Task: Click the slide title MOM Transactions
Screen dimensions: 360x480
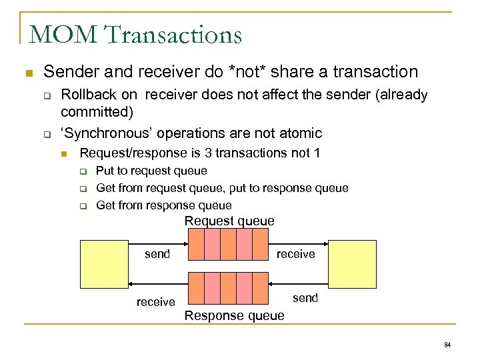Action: tap(135, 34)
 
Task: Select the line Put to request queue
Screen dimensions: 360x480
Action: tap(151, 171)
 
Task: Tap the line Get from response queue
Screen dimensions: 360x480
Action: tap(164, 205)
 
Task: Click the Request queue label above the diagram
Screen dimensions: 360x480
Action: tap(229, 221)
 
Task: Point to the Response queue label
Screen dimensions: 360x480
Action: tap(234, 315)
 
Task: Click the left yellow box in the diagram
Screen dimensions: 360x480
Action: tap(103, 264)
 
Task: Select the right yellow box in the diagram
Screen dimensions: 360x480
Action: tap(353, 264)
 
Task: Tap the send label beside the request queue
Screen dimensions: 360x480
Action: tap(157, 254)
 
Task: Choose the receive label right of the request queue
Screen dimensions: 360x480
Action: tap(295, 254)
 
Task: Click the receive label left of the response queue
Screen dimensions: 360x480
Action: tap(155, 302)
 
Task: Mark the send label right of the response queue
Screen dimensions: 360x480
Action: tap(305, 298)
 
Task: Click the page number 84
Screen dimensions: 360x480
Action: tap(447, 345)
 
